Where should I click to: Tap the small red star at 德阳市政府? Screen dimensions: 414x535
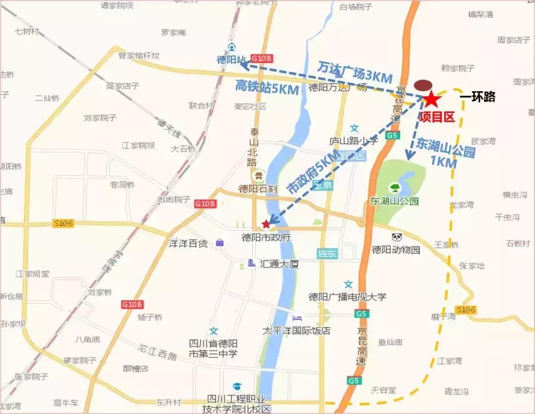click(x=266, y=224)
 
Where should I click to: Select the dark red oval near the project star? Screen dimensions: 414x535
click(x=423, y=85)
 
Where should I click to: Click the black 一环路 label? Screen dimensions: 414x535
click(x=478, y=97)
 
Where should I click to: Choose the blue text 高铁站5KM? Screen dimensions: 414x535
click(x=267, y=87)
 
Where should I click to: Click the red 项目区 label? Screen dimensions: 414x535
click(x=436, y=117)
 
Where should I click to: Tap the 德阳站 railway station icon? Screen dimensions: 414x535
click(x=231, y=47)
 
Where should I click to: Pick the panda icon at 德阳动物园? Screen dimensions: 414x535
click(x=397, y=237)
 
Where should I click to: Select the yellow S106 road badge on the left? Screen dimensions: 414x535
click(x=62, y=224)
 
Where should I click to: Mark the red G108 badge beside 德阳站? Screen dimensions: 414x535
click(x=261, y=59)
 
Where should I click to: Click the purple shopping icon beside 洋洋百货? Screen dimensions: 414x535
click(x=219, y=243)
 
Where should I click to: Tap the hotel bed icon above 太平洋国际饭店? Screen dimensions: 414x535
click(x=297, y=317)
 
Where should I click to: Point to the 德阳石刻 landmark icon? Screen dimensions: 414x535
click(x=259, y=175)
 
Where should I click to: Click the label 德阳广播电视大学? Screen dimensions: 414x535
click(x=347, y=297)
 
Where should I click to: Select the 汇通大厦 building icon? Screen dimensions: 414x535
click(x=252, y=263)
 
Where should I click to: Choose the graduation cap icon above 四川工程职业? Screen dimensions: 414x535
click(x=237, y=386)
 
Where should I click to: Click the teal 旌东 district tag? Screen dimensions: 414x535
click(x=327, y=253)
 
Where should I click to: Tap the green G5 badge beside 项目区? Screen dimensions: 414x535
click(x=392, y=135)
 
